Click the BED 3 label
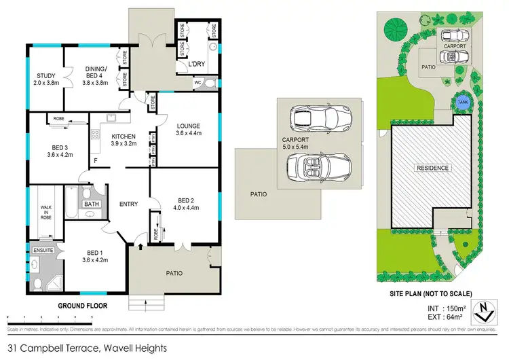click(x=60, y=151)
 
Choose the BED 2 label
click(x=186, y=204)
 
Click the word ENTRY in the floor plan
click(x=128, y=203)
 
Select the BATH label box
click(x=90, y=203)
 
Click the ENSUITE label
click(x=43, y=251)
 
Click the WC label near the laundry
click(x=198, y=84)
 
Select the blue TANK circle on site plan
click(x=462, y=102)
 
